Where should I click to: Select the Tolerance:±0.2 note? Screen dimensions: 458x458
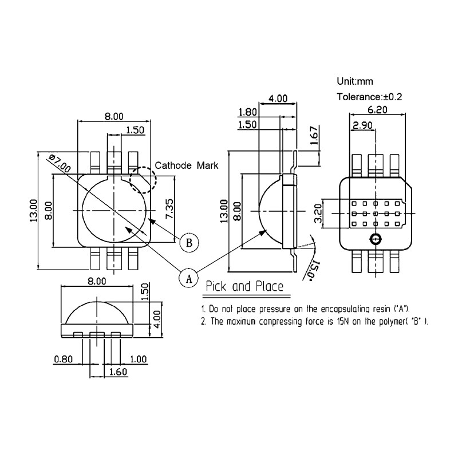[370, 97]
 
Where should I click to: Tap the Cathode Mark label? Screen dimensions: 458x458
[187, 165]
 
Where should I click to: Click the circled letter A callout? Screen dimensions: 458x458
[187, 278]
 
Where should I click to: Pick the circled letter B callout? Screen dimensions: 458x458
[188, 242]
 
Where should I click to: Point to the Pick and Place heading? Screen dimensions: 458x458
[244, 286]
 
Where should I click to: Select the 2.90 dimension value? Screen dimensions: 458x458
[364, 125]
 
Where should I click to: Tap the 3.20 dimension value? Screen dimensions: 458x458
[319, 214]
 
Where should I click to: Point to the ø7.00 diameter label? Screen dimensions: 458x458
[60, 164]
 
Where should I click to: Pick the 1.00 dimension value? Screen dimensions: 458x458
[138, 360]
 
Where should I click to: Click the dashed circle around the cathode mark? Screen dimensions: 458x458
[143, 180]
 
